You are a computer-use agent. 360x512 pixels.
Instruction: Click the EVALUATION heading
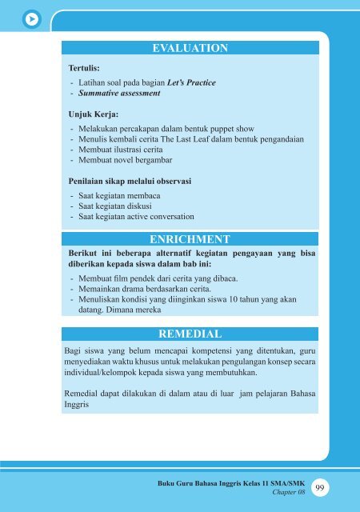(190, 49)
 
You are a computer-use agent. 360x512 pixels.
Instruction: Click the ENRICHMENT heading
(190, 239)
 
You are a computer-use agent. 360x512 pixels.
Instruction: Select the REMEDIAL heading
(190, 333)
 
